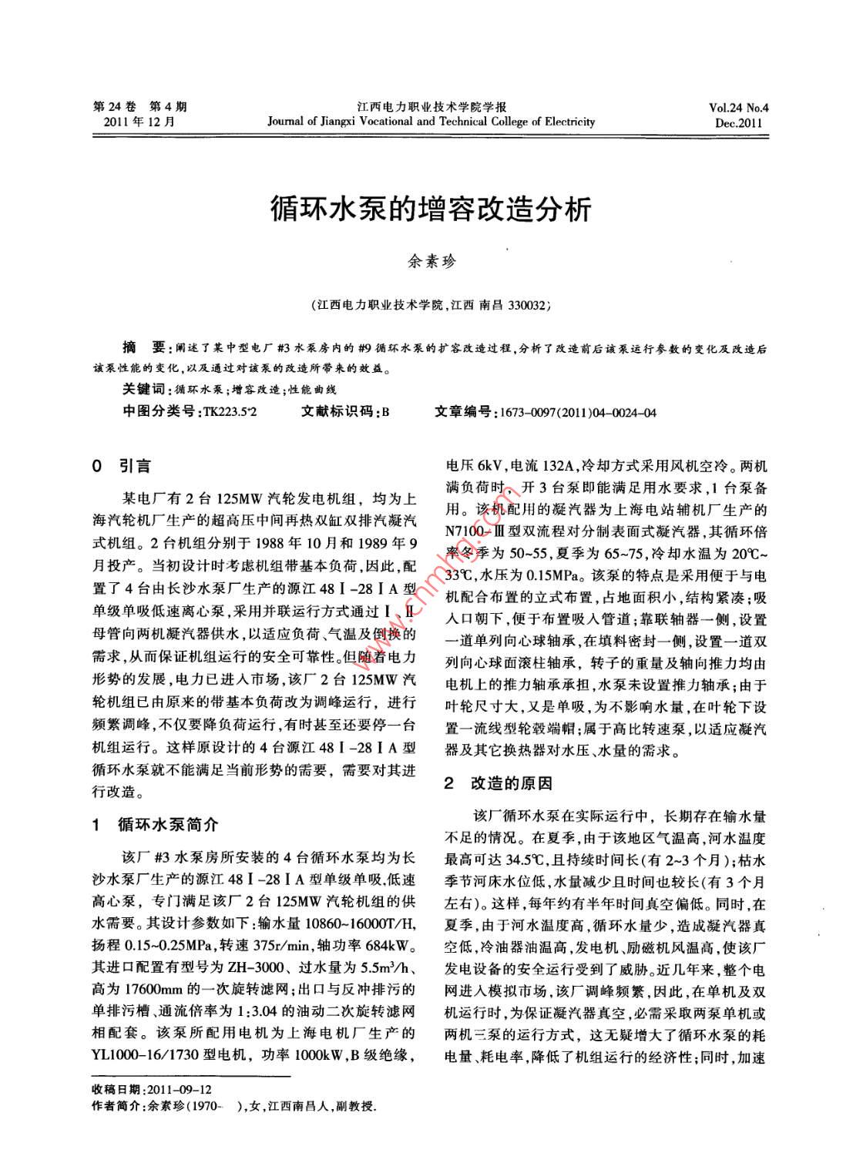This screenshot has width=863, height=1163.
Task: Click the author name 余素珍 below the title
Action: pos(431,261)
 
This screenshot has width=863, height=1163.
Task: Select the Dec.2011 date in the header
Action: pos(737,122)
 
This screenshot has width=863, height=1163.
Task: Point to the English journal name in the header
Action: pos(431,122)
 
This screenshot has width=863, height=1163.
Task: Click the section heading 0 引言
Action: pos(121,466)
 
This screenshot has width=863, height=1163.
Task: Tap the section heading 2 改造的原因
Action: pos(499,784)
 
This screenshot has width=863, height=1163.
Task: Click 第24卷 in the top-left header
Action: pos(112,107)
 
